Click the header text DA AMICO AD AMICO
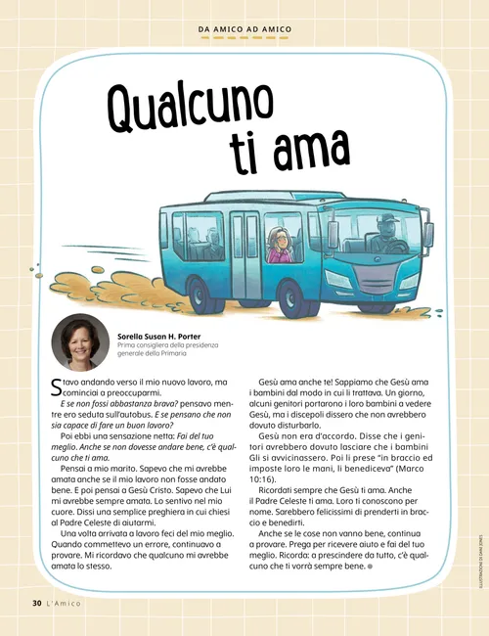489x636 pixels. point(244,29)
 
